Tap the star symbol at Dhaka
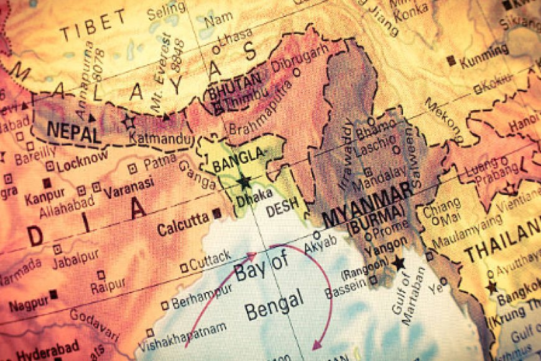[244, 181]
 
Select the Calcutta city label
[182, 225]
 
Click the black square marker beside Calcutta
[216, 213]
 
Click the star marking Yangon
[399, 263]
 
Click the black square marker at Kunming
[451, 60]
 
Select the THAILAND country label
[502, 246]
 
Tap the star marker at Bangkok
[492, 287]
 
